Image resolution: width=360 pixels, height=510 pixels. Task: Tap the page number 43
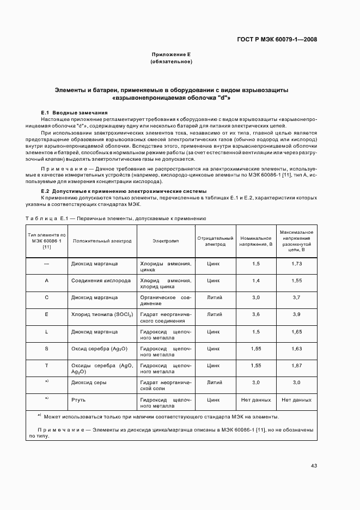coord(314,465)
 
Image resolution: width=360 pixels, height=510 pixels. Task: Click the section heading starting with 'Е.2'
coord(124,191)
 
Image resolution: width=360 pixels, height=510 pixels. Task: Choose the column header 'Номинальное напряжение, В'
coord(255,241)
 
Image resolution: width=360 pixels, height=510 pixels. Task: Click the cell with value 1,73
coord(296,264)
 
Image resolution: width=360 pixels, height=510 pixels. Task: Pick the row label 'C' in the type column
coord(47,297)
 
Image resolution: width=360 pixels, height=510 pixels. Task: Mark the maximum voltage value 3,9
coord(296,314)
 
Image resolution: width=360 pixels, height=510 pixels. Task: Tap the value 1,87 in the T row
coord(296,366)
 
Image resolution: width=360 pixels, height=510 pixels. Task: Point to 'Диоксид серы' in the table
coord(89,382)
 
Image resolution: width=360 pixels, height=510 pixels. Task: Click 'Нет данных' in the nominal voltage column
coord(255,399)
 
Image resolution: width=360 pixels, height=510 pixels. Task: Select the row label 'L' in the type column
coord(47,331)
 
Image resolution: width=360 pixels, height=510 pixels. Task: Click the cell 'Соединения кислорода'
coord(101,281)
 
